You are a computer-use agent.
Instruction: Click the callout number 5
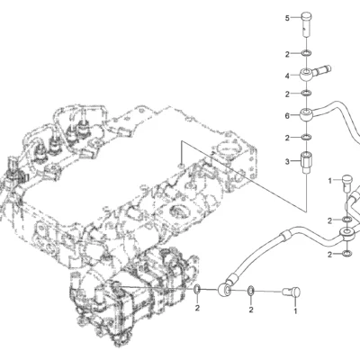pyautogui.click(x=287, y=18)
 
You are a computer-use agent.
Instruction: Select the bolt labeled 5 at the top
pyautogui.click(x=306, y=24)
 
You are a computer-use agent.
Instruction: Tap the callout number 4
pyautogui.click(x=287, y=76)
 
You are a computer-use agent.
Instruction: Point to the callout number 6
pyautogui.click(x=287, y=115)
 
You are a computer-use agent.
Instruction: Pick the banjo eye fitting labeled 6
pyautogui.click(x=307, y=115)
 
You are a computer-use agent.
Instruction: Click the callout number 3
pyautogui.click(x=287, y=162)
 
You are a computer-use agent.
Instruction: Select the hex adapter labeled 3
pyautogui.click(x=306, y=162)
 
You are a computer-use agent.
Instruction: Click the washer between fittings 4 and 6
pyautogui.click(x=306, y=94)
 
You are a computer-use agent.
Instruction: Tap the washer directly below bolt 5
pyautogui.click(x=306, y=54)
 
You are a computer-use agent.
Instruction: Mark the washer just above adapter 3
pyautogui.click(x=306, y=138)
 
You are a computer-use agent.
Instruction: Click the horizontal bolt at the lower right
pyautogui.click(x=292, y=292)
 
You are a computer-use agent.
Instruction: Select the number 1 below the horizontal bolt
pyautogui.click(x=295, y=311)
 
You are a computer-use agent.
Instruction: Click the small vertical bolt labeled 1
pyautogui.click(x=346, y=183)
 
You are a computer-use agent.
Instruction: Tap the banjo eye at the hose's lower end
pyautogui.click(x=224, y=290)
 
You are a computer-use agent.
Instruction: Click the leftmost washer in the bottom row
pyautogui.click(x=197, y=289)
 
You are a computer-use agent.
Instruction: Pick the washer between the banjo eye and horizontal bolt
pyautogui.click(x=251, y=291)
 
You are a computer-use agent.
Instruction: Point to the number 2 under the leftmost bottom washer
pyautogui.click(x=197, y=308)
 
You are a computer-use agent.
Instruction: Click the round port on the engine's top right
pyautogui.click(x=227, y=148)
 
